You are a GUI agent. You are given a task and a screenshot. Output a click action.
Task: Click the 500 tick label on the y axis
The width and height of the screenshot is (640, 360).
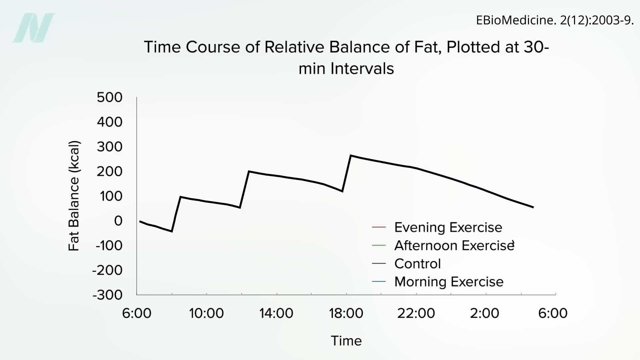click(110, 97)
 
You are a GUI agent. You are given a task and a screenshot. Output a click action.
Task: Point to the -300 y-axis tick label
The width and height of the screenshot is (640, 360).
click(107, 295)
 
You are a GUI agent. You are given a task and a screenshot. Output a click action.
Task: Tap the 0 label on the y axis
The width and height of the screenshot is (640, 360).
click(118, 221)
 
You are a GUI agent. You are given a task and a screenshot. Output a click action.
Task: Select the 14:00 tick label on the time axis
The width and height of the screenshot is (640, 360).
click(276, 313)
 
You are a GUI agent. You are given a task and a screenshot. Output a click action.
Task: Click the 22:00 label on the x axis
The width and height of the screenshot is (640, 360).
click(416, 313)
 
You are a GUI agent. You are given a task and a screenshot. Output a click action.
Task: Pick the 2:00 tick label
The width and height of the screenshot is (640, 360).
click(484, 313)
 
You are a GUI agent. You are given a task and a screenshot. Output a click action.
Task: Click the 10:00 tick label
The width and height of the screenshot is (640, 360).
click(206, 313)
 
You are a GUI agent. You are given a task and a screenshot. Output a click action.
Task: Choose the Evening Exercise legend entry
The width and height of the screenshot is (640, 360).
click(448, 227)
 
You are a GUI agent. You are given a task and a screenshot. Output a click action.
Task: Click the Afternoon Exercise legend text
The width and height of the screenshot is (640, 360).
click(454, 246)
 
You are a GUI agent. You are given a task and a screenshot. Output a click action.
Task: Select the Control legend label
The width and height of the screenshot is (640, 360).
click(417, 264)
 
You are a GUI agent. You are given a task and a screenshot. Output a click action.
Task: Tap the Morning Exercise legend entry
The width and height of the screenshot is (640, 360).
click(449, 282)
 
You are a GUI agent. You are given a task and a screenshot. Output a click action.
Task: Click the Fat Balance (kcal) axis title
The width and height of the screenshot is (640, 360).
click(74, 196)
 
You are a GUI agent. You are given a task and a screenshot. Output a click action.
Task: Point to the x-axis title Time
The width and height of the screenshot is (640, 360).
click(346, 341)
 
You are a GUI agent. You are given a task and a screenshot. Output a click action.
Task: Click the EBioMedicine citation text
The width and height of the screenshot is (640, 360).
click(554, 20)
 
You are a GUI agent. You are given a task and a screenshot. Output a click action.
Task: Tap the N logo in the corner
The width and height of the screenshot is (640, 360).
click(34, 28)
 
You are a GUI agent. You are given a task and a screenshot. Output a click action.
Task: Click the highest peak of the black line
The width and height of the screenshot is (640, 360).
click(351, 156)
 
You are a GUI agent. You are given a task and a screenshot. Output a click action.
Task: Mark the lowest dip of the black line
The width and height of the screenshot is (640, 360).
click(172, 231)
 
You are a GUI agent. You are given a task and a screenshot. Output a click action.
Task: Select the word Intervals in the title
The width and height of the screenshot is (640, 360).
click(362, 69)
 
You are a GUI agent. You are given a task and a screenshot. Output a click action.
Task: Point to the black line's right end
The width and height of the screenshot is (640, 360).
click(533, 207)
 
